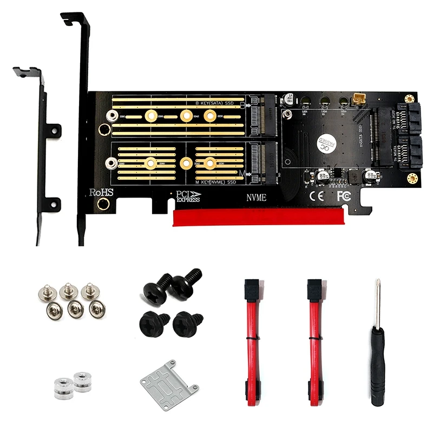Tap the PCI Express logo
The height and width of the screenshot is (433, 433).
point(188,196)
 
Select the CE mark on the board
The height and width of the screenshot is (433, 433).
point(316,194)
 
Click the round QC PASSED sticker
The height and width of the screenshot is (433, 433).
point(328,143)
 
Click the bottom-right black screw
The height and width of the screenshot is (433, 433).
point(187,323)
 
